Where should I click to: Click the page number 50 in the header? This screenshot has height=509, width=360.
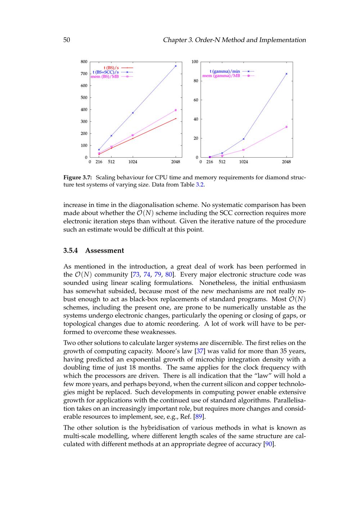[x=67, y=40]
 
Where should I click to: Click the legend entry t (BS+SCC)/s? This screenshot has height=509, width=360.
[x=105, y=72]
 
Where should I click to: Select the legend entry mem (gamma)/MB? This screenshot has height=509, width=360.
[x=221, y=76]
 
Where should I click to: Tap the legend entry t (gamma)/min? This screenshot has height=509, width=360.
[x=225, y=71]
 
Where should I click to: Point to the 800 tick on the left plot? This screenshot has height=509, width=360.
[x=84, y=62]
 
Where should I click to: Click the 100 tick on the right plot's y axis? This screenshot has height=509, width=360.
[x=195, y=62]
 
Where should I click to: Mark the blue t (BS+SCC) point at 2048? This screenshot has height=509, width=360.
[x=176, y=66]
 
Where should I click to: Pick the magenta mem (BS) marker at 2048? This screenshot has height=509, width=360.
[x=176, y=110]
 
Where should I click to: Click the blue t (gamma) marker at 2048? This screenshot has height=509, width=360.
[x=287, y=74]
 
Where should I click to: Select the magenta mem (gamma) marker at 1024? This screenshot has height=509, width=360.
[x=244, y=150]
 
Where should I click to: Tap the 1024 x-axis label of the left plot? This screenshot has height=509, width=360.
[x=133, y=162]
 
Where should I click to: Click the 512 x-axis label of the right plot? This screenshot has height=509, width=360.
[x=222, y=162]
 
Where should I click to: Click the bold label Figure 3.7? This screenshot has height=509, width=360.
[x=78, y=177]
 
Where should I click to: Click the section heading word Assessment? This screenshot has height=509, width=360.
[x=104, y=251]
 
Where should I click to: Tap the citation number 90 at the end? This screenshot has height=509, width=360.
[x=269, y=444]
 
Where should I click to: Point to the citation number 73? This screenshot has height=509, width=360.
[x=136, y=275]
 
